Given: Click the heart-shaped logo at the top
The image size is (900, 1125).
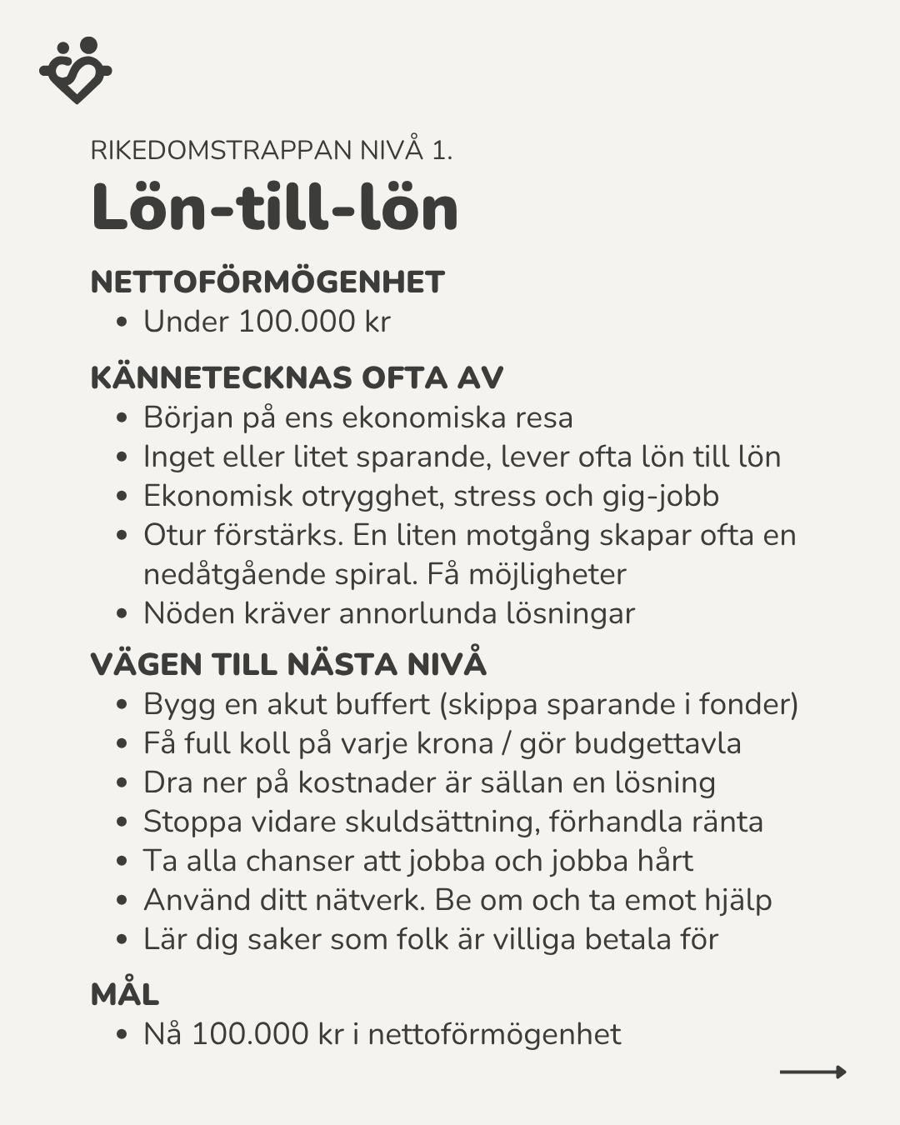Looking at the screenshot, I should tap(75, 70).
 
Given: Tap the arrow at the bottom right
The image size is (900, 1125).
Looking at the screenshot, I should tap(812, 1072).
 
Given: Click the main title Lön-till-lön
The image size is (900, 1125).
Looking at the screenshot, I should tap(274, 207).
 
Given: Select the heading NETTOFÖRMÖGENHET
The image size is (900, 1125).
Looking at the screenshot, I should tap(267, 282).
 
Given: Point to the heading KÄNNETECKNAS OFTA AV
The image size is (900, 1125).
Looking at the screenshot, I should tap(297, 377).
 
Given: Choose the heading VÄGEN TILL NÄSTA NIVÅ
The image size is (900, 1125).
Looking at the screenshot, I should tap(287, 664).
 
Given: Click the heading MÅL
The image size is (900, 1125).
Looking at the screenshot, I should tap(125, 994).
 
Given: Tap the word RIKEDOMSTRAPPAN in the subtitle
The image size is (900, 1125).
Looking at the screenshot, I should tap(221, 150).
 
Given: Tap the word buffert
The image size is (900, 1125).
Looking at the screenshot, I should tap(382, 704).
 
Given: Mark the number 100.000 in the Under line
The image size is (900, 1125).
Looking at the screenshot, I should tap(297, 322).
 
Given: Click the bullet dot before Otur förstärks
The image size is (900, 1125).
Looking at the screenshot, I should tap(122, 536).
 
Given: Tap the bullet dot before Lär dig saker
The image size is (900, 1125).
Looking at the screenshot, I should tap(122, 940).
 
